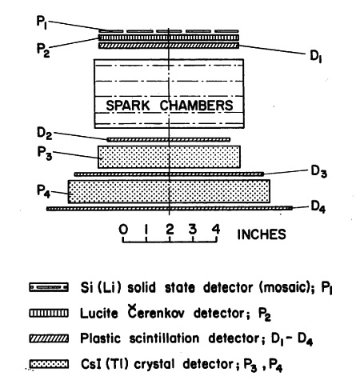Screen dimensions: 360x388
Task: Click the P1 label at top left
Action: point(42,22)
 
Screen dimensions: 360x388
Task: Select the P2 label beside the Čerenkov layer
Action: point(43,50)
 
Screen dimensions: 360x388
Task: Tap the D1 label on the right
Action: point(316,56)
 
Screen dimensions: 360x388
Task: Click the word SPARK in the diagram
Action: point(128,106)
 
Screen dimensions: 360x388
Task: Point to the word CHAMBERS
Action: point(196,106)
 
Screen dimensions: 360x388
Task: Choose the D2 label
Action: point(44,133)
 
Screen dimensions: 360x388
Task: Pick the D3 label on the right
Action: point(319,171)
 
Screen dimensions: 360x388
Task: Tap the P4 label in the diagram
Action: point(43,191)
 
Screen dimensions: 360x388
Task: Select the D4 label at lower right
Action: point(318,207)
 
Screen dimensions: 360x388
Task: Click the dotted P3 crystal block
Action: point(169,157)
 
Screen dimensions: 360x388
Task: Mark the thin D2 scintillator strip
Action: point(169,139)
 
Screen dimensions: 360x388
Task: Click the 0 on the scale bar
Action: point(123,230)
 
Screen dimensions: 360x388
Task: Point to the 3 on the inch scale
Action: point(193,230)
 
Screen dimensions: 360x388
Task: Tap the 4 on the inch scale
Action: point(216,230)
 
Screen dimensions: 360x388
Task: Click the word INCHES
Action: point(262,234)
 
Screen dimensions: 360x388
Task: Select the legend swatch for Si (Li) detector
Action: point(49,287)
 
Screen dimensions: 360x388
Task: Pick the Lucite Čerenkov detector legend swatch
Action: point(49,313)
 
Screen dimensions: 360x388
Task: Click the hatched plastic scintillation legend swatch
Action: point(49,338)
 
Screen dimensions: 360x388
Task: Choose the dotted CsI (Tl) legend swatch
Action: point(49,364)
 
